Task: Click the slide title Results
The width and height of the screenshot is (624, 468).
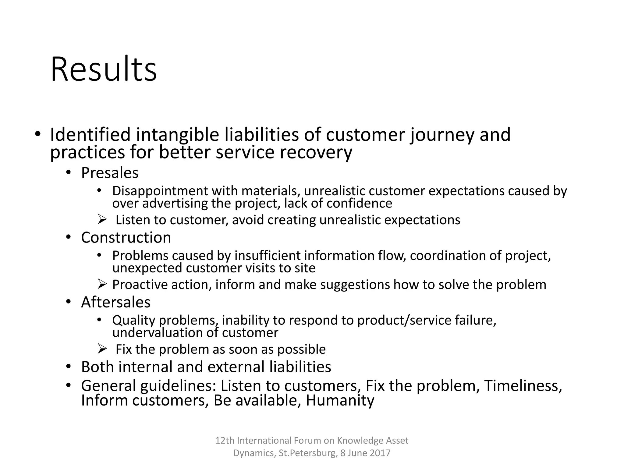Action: click(x=104, y=69)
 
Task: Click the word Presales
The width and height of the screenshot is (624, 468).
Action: click(x=110, y=173)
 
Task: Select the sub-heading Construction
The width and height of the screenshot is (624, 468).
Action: click(x=126, y=238)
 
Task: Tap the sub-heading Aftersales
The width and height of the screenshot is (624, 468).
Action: click(x=116, y=302)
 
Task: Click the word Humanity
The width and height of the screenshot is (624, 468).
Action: click(x=340, y=400)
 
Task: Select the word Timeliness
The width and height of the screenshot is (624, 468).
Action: click(x=523, y=386)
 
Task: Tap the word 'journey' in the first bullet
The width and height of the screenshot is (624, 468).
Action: click(x=442, y=135)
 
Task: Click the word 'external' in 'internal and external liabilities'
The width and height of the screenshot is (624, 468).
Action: click(x=236, y=367)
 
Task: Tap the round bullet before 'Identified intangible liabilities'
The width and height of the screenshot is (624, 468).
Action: click(x=37, y=134)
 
